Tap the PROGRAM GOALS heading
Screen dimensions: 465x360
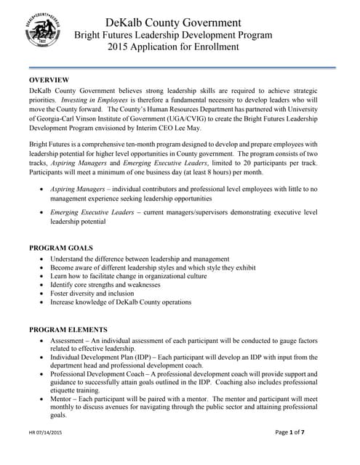point(60,248)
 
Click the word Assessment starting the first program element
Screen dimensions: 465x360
point(71,340)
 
